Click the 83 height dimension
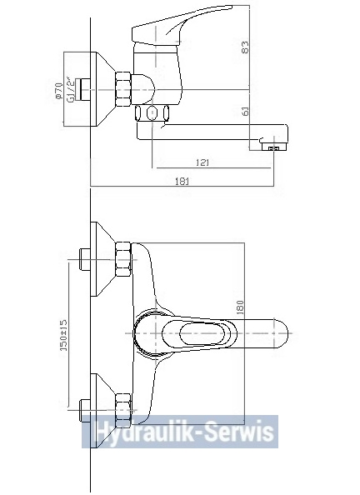[245, 47]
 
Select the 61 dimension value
[245, 111]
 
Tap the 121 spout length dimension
[202, 162]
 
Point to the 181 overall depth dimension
[182, 181]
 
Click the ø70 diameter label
[57, 91]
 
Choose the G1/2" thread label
[71, 90]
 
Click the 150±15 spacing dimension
[63, 335]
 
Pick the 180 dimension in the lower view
[240, 307]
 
